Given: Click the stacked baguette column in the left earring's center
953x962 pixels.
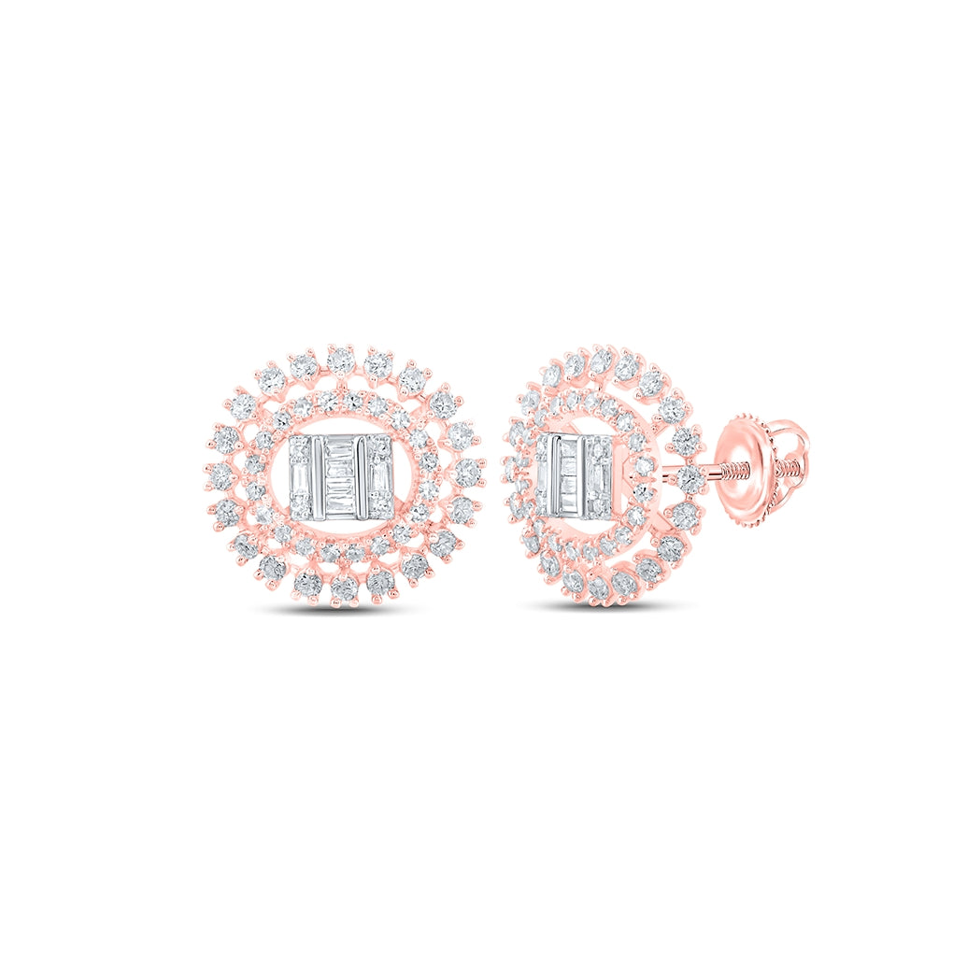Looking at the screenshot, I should [343, 478].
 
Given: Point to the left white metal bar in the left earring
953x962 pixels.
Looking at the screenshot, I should [320, 478].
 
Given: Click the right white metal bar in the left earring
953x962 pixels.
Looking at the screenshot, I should [363, 478].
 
